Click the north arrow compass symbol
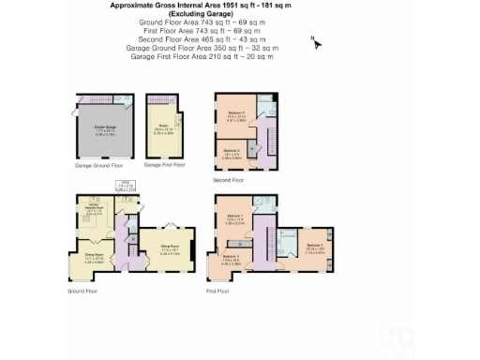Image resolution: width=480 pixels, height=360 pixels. click(316, 42)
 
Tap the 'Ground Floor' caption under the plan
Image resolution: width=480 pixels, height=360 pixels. click(82, 292)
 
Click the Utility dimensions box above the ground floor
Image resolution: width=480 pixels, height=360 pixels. click(126, 187)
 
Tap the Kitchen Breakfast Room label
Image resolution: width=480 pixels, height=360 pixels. click(94, 210)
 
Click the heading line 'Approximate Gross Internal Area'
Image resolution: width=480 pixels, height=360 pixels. click(187, 5)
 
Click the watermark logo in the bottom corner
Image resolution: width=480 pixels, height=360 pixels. click(396, 337)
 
